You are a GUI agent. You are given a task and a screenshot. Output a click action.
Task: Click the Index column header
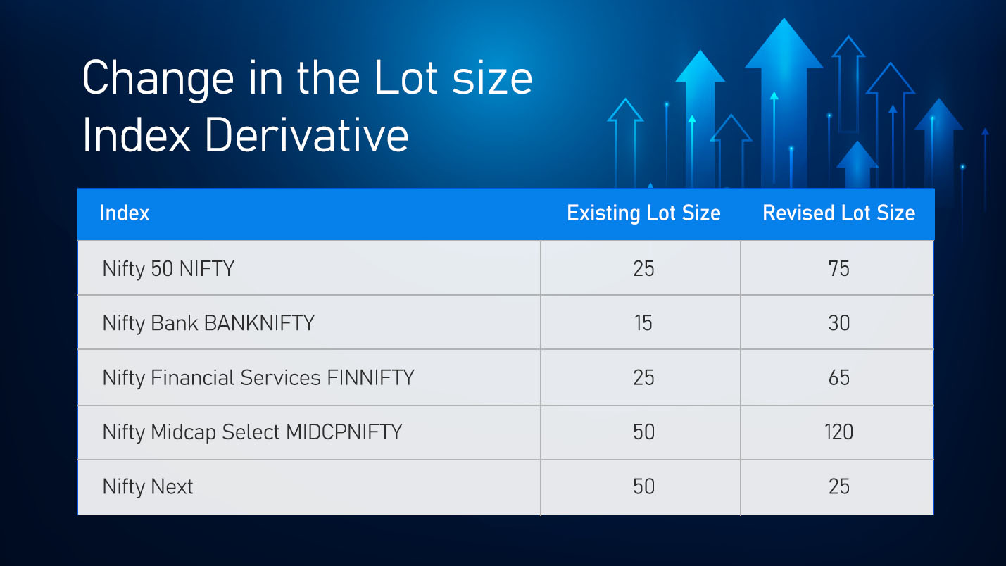pos(125,213)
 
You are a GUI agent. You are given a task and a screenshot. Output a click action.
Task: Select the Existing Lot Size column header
pos(643,213)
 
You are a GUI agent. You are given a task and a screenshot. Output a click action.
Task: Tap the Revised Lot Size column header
pos(838,213)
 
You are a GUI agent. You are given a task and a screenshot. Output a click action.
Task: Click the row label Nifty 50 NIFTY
pos(168,268)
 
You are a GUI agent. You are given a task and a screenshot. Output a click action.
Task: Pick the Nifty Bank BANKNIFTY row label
pos(208,323)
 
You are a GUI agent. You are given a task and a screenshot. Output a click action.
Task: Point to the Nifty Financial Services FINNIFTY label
pos(258,378)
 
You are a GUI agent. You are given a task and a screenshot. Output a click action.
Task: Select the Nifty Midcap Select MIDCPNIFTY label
pos(252,432)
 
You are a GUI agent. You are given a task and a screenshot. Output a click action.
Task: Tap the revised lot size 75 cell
pos(838,268)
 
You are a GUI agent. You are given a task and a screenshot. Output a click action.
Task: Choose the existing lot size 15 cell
pos(643,323)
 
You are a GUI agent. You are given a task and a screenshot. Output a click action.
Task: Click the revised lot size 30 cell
pos(838,323)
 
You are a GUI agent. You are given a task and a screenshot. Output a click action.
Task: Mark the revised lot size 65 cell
pos(838,378)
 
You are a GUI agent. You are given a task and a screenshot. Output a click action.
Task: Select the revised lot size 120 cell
pos(838,432)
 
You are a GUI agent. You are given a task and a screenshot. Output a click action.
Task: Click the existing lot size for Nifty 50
pos(643,268)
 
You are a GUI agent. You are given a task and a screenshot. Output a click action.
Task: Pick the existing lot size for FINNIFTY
pos(643,378)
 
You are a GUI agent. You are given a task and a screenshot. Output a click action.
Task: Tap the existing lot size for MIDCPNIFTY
pos(643,432)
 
